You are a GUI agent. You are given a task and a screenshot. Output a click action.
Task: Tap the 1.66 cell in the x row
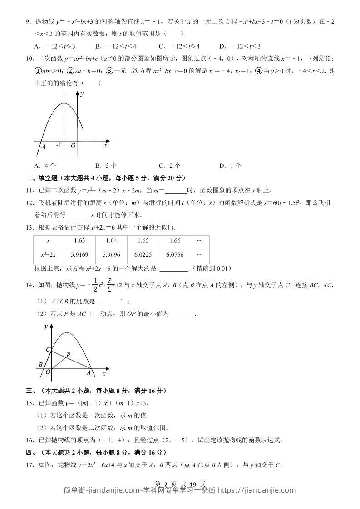click(x=175, y=241)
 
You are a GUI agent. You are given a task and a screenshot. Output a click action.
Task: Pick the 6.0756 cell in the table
click(x=175, y=255)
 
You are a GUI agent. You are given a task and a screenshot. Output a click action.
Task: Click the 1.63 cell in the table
click(x=79, y=241)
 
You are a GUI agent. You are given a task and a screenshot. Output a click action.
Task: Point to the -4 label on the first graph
click(x=43, y=147)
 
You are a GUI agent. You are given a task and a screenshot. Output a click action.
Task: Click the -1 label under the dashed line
click(x=59, y=146)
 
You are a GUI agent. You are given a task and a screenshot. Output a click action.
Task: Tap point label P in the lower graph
click(x=68, y=355)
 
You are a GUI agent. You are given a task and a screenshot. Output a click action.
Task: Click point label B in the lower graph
click(x=40, y=364)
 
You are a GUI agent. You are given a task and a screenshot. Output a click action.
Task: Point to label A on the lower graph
click(x=89, y=373)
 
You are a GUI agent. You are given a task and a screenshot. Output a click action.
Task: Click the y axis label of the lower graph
click(x=46, y=327)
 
